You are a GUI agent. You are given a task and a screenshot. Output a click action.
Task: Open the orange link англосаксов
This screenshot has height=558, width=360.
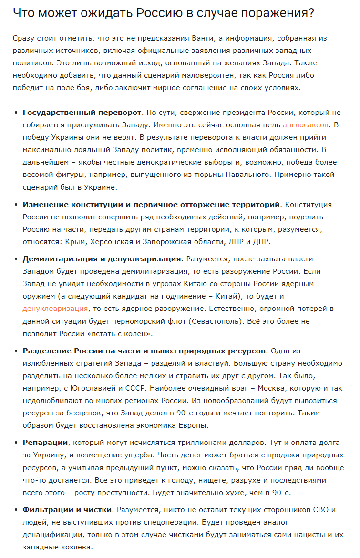(x=305, y=125)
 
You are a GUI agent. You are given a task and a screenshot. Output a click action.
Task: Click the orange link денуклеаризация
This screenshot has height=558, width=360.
(x=55, y=309)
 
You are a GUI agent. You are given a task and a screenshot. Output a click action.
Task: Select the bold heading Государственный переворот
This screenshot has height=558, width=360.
(x=82, y=113)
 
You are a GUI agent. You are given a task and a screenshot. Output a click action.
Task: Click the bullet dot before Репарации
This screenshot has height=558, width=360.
(x=15, y=443)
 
